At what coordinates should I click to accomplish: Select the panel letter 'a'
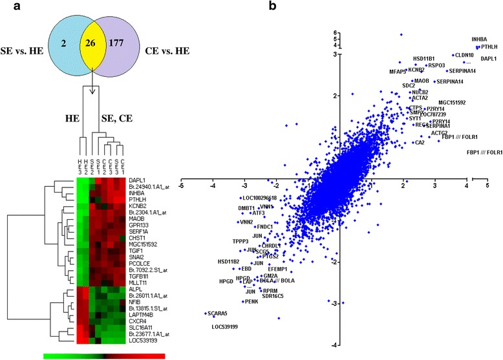coord(8,8)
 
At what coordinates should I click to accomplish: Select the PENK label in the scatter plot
coord(250,301)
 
